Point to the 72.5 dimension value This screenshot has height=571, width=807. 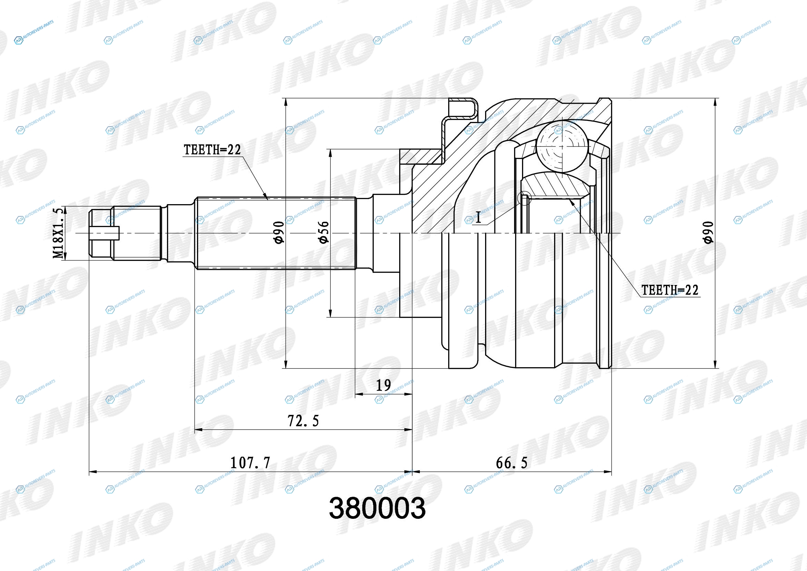[303, 421]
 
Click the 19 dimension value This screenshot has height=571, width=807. [383, 386]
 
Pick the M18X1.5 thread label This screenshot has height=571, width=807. [58, 233]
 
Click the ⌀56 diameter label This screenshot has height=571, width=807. [323, 232]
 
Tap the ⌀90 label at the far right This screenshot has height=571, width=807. [708, 232]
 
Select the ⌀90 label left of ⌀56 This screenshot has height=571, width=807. [279, 232]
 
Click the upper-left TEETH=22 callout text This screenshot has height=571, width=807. [212, 150]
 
